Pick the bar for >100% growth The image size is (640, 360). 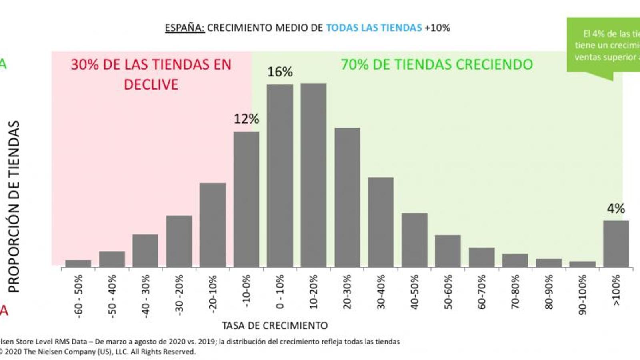(616, 244)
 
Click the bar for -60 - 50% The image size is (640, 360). (78, 263)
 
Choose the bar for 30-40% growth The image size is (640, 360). (381, 222)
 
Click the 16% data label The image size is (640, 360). (280, 72)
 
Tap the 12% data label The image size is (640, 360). (246, 119)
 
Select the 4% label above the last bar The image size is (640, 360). (616, 208)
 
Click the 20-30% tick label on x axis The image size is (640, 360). (347, 292)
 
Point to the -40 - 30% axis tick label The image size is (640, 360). (145, 296)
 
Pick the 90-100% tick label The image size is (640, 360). (582, 294)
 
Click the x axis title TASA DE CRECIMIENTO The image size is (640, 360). (275, 326)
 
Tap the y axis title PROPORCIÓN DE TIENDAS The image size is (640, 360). (14, 206)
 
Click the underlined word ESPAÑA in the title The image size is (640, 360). (185, 28)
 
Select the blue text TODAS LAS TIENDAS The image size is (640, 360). (374, 28)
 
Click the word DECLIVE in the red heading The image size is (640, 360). (151, 85)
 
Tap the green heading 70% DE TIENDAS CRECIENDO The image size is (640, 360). (437, 65)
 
